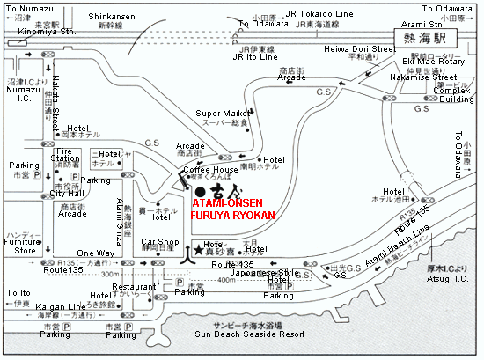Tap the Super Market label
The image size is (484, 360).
point(220,114)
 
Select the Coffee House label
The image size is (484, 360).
point(210,169)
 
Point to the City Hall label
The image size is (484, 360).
point(67,194)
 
